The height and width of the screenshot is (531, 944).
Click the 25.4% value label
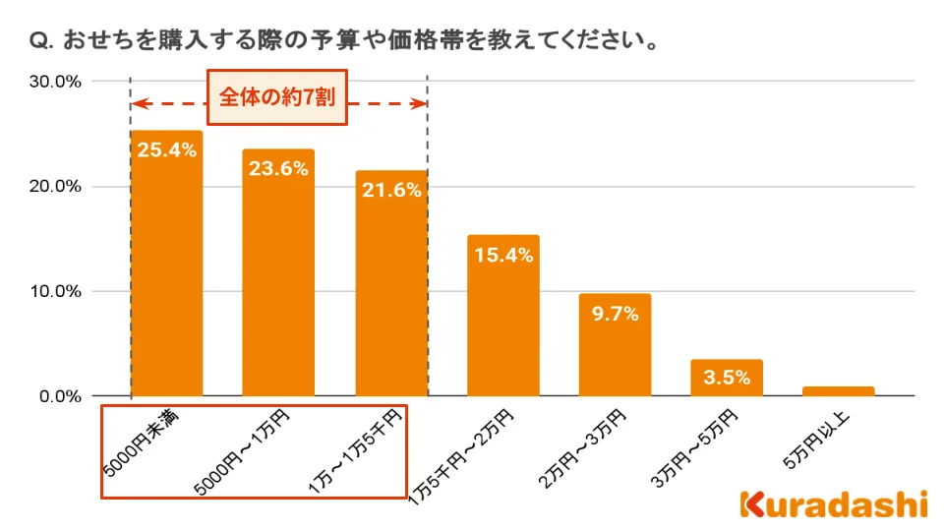coord(166,150)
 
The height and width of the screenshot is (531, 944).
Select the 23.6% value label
coord(278,168)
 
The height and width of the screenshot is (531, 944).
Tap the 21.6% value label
coord(390,190)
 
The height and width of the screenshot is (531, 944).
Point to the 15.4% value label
coord(502,255)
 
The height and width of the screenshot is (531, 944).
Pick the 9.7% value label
coord(615,314)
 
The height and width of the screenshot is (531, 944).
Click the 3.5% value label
coord(727,377)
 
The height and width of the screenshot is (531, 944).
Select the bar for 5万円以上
coord(838,391)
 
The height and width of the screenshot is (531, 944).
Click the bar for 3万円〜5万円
coord(727,378)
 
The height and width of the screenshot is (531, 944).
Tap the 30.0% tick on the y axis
coord(55,82)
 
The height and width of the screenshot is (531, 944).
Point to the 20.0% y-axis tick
coord(55,187)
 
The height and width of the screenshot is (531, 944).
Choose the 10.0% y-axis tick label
coord(55,292)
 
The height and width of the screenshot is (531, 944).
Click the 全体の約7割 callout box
coord(278,97)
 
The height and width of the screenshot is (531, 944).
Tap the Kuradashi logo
coord(833,503)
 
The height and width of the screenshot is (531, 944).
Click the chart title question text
coord(344,42)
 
